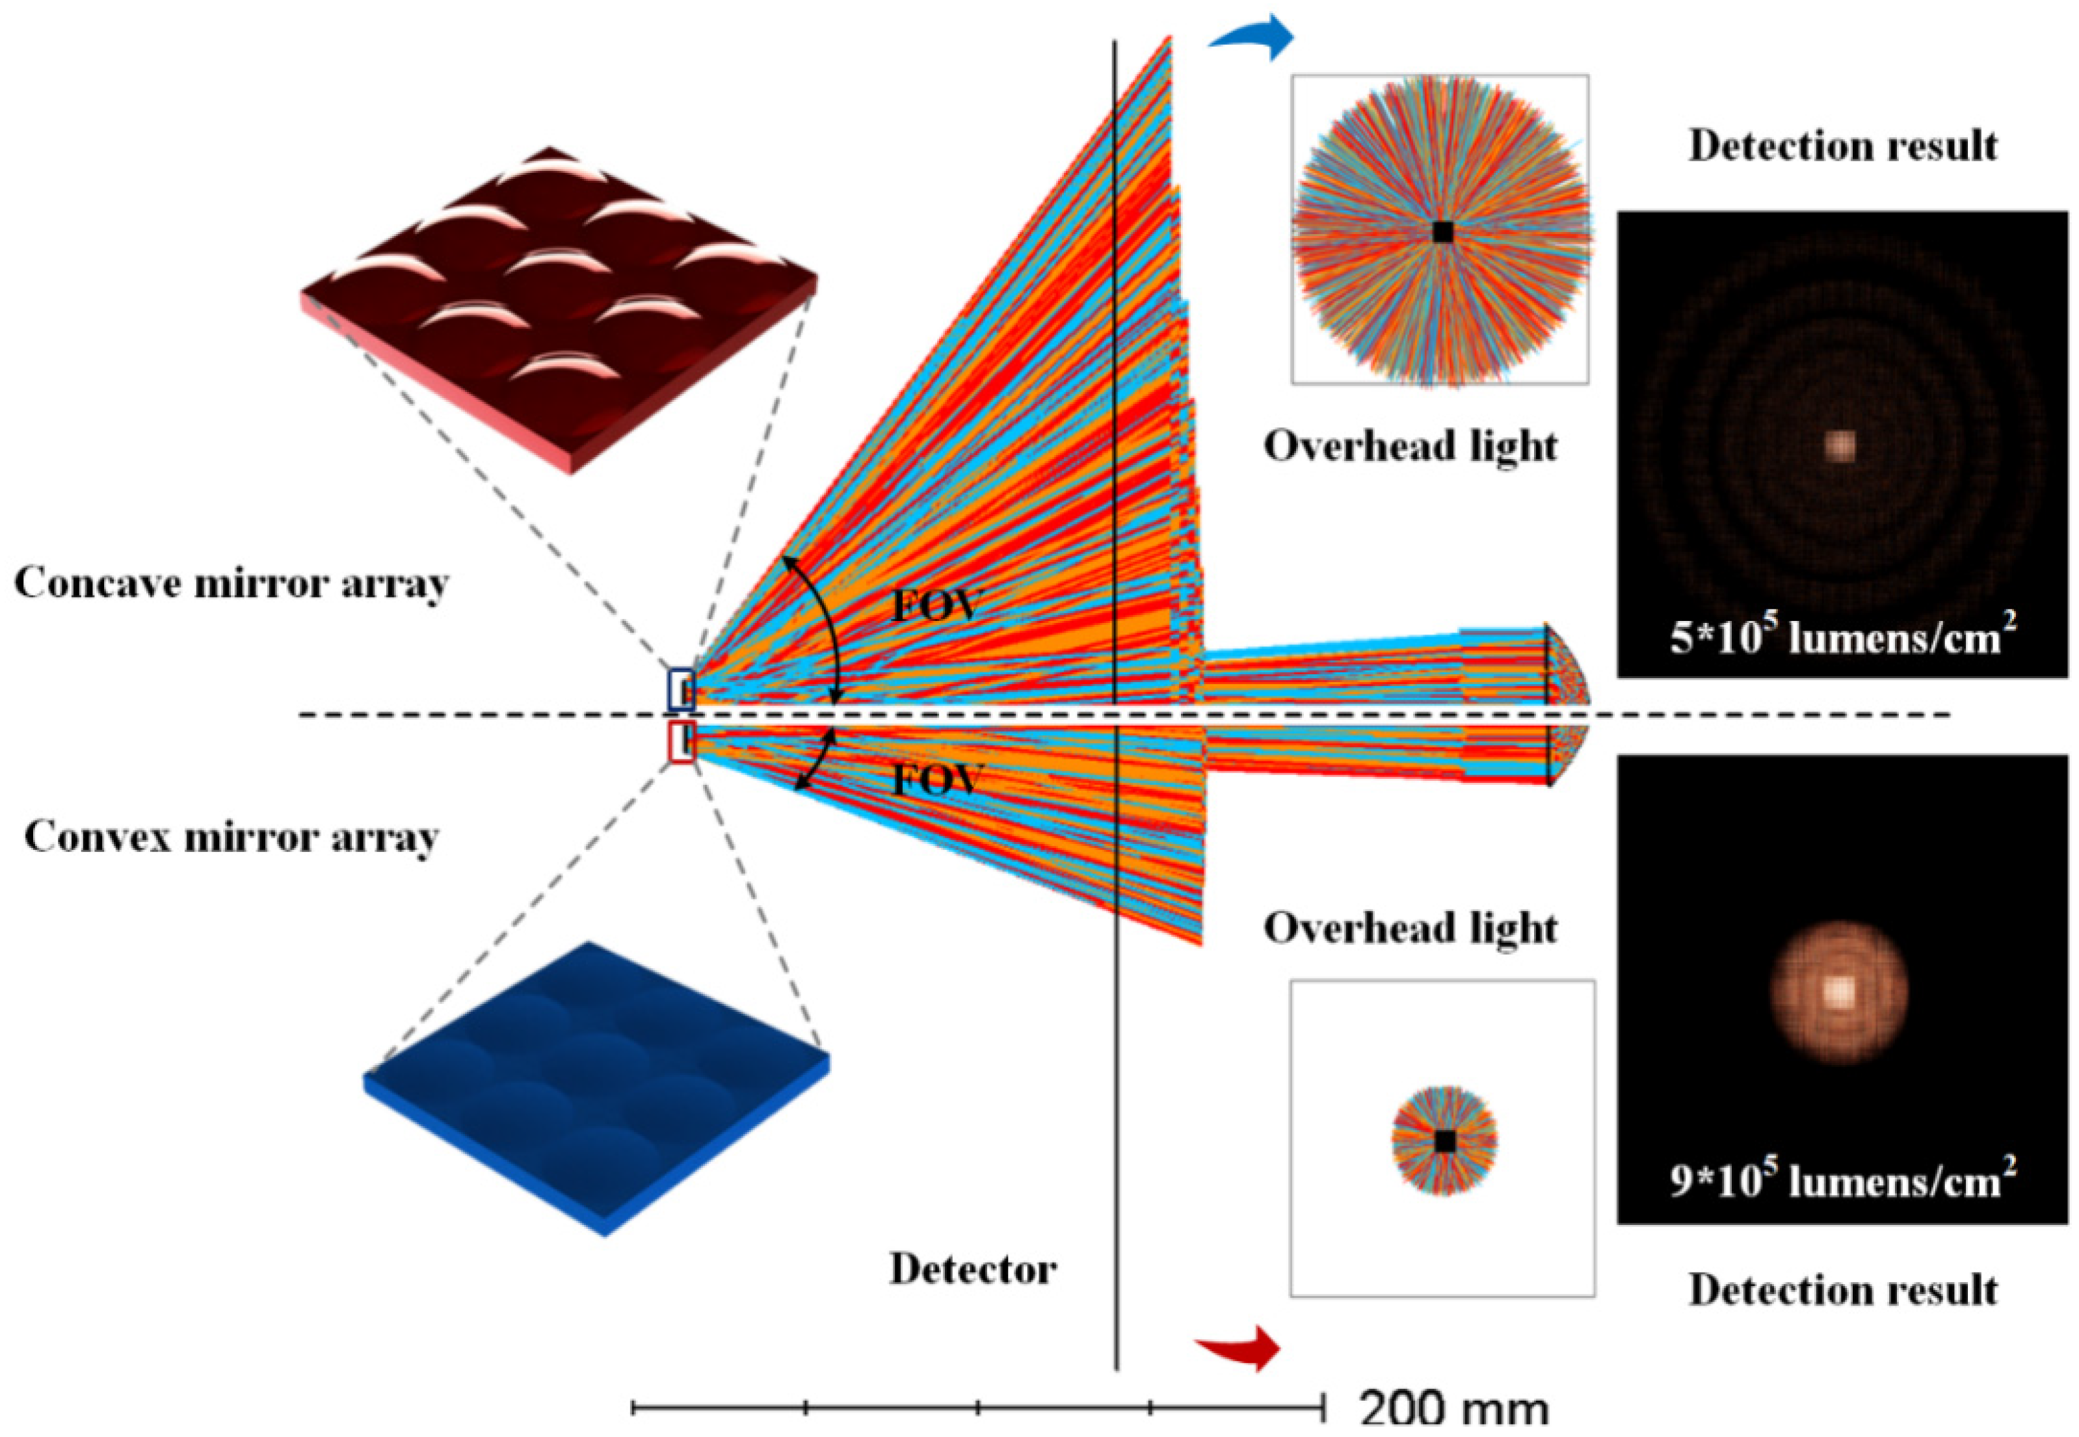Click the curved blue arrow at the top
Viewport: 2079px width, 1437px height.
click(x=1253, y=38)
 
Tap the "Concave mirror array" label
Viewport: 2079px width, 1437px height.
click(x=232, y=583)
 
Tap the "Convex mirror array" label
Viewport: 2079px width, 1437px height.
click(x=232, y=837)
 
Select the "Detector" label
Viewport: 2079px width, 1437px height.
click(x=972, y=1269)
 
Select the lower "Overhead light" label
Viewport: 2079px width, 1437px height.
click(x=1410, y=929)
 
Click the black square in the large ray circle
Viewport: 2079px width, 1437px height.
click(x=1442, y=232)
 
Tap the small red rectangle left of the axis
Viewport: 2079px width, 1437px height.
click(x=681, y=743)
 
